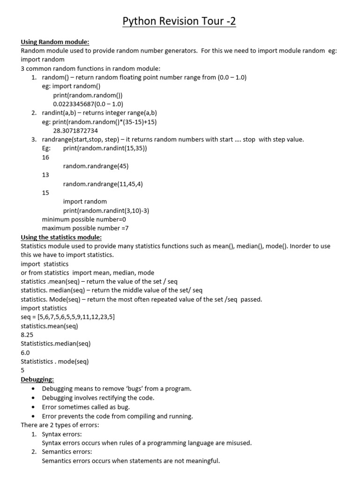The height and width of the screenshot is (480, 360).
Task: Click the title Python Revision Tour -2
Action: (179, 22)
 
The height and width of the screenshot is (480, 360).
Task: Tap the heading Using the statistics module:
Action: (61, 237)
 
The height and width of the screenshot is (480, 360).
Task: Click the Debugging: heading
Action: (37, 379)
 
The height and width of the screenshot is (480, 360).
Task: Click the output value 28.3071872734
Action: (75, 131)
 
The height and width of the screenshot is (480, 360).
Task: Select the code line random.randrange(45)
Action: (96, 166)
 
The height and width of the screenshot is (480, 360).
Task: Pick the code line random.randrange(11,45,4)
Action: (103, 184)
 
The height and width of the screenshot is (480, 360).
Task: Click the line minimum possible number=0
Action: (84, 219)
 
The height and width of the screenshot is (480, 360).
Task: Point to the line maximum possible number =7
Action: (85, 228)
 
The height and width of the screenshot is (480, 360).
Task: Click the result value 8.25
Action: (27, 335)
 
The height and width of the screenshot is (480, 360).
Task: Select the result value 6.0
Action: (25, 352)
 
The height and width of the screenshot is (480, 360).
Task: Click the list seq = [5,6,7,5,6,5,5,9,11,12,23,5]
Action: (68, 317)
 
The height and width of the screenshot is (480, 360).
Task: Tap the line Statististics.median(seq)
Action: (55, 344)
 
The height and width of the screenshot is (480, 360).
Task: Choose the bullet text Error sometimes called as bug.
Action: (86, 407)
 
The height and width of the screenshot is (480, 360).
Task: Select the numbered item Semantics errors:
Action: (67, 452)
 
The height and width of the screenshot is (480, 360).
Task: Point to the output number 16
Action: (45, 157)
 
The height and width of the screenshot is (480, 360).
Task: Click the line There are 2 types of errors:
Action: (60, 425)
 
